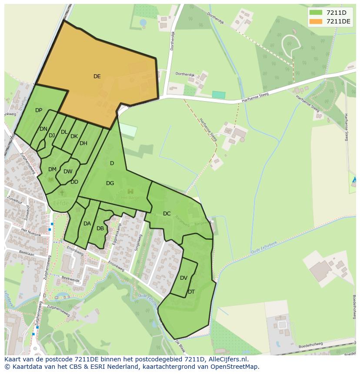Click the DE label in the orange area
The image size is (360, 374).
click(x=97, y=76)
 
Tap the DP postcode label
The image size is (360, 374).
click(x=39, y=110)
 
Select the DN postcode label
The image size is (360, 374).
click(x=43, y=129)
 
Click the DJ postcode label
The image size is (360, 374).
click(x=52, y=136)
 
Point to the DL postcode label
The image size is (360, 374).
click(x=64, y=132)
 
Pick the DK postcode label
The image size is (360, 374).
click(x=74, y=136)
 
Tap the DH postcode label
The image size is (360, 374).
click(x=83, y=143)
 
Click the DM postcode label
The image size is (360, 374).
click(x=52, y=169)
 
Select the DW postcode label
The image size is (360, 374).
click(x=68, y=172)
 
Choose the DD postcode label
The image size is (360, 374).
click(x=74, y=182)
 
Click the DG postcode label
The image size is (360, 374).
click(x=110, y=183)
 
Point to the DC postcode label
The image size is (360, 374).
click(x=167, y=213)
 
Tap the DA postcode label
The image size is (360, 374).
click(x=87, y=224)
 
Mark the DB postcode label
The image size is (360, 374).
click(x=100, y=228)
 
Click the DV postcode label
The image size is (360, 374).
click(x=183, y=278)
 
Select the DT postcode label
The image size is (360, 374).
click(x=191, y=292)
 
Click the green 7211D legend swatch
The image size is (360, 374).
click(x=316, y=12)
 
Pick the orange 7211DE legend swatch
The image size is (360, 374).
click(x=316, y=21)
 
